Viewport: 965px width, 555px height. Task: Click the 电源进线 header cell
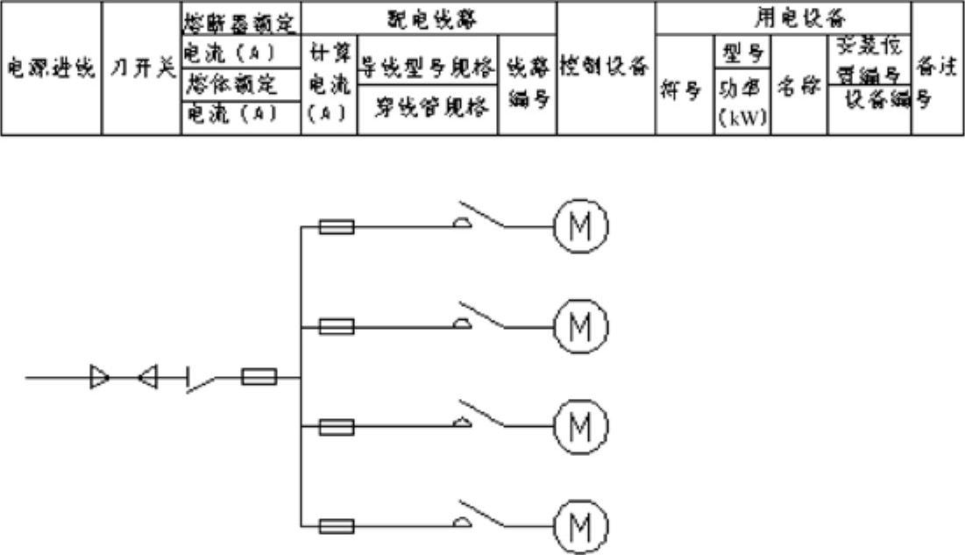[x=51, y=68]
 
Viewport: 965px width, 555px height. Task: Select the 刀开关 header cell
[x=141, y=68]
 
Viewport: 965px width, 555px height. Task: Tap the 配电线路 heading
[x=429, y=17]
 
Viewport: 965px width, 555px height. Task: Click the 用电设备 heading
[x=784, y=17]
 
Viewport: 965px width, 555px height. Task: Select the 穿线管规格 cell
[x=428, y=111]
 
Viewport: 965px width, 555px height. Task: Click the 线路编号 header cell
[x=528, y=84]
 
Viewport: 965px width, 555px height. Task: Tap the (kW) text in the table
[x=742, y=119]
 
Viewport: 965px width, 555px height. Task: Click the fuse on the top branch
[x=337, y=227]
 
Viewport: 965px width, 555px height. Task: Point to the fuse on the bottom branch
[x=337, y=526]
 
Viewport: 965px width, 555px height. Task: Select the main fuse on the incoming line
[x=259, y=378]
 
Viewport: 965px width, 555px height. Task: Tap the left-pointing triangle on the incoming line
[x=148, y=378]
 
